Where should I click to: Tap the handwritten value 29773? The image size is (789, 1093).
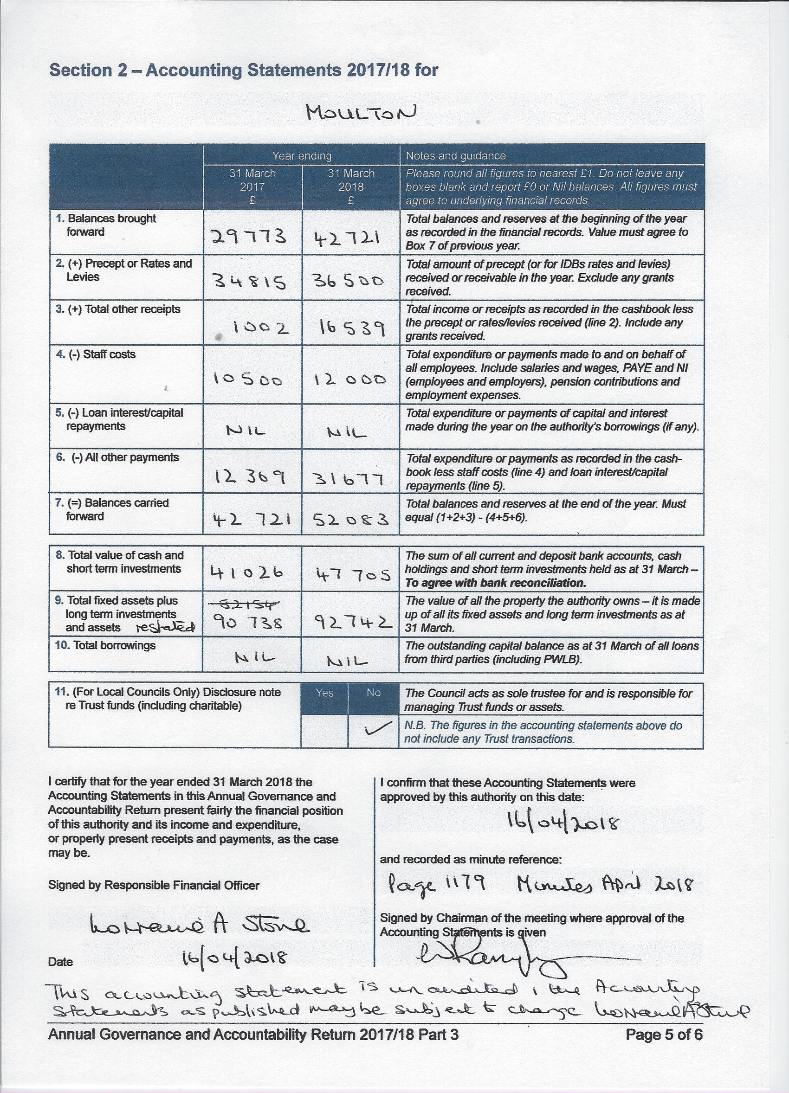(x=249, y=236)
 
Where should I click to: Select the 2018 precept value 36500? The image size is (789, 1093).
(x=350, y=281)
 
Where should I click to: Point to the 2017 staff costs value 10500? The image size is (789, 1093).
(x=248, y=379)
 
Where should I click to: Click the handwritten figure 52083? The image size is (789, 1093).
(x=350, y=519)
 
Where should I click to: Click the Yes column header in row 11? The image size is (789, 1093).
(x=324, y=693)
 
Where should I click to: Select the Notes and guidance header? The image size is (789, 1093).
(x=455, y=156)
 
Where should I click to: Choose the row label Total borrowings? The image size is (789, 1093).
(x=105, y=645)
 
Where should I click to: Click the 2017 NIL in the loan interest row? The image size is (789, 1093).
(x=246, y=430)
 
